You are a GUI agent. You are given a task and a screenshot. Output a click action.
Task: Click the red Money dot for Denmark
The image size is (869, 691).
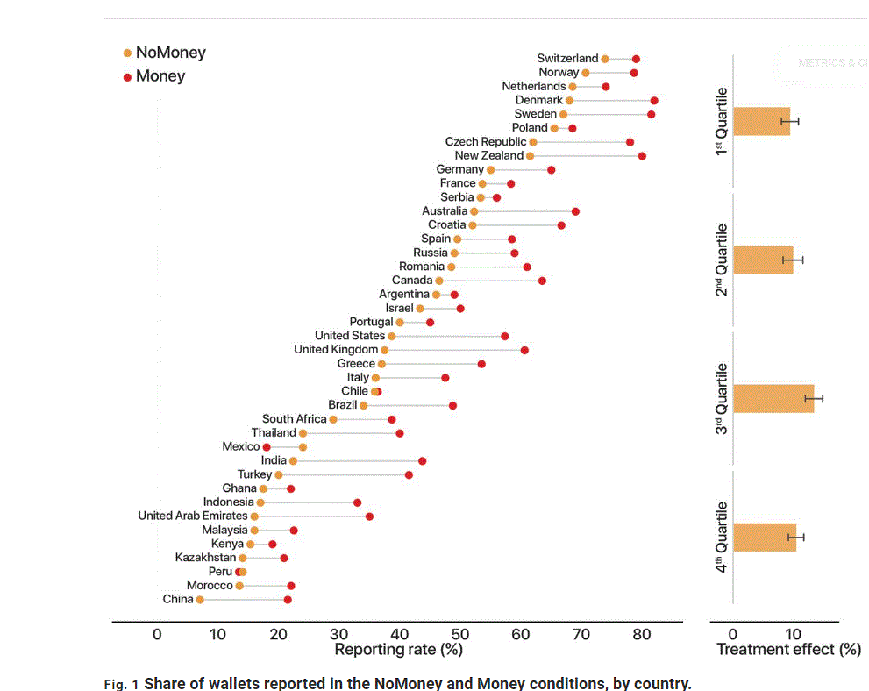click(x=654, y=101)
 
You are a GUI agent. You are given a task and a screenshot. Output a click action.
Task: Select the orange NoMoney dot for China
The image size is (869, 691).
click(x=200, y=600)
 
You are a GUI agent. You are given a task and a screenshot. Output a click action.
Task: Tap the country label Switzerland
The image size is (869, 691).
click(x=567, y=59)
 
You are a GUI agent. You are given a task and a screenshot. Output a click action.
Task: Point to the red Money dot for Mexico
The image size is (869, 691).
click(x=267, y=447)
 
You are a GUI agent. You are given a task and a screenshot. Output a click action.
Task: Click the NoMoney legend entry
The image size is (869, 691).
click(x=170, y=53)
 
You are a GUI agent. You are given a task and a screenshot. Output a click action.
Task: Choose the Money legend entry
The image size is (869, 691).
click(x=160, y=76)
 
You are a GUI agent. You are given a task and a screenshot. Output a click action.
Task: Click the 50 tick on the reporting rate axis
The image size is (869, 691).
click(x=460, y=634)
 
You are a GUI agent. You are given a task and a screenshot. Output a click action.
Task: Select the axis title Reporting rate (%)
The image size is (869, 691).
click(x=399, y=650)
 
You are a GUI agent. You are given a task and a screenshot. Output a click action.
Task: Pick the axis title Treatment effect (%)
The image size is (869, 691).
click(x=788, y=650)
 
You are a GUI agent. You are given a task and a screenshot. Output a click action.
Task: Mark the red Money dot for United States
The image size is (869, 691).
click(x=505, y=336)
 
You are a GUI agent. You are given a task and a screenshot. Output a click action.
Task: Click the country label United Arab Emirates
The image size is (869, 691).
click(x=192, y=516)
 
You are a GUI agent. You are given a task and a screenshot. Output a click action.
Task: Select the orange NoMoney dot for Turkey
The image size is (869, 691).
click(x=279, y=475)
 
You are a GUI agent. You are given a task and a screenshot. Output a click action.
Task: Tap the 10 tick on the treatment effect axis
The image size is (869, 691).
click(x=793, y=634)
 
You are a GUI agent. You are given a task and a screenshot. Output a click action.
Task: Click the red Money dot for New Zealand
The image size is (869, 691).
click(x=642, y=156)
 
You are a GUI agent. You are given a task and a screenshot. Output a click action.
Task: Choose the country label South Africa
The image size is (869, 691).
click(x=294, y=419)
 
